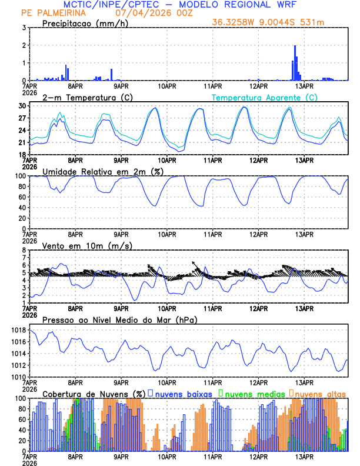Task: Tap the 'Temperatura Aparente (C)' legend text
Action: tap(264, 97)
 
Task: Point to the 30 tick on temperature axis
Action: tap(21, 106)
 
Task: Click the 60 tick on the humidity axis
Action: tap(21, 197)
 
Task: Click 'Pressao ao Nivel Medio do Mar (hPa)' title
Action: tap(119, 319)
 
